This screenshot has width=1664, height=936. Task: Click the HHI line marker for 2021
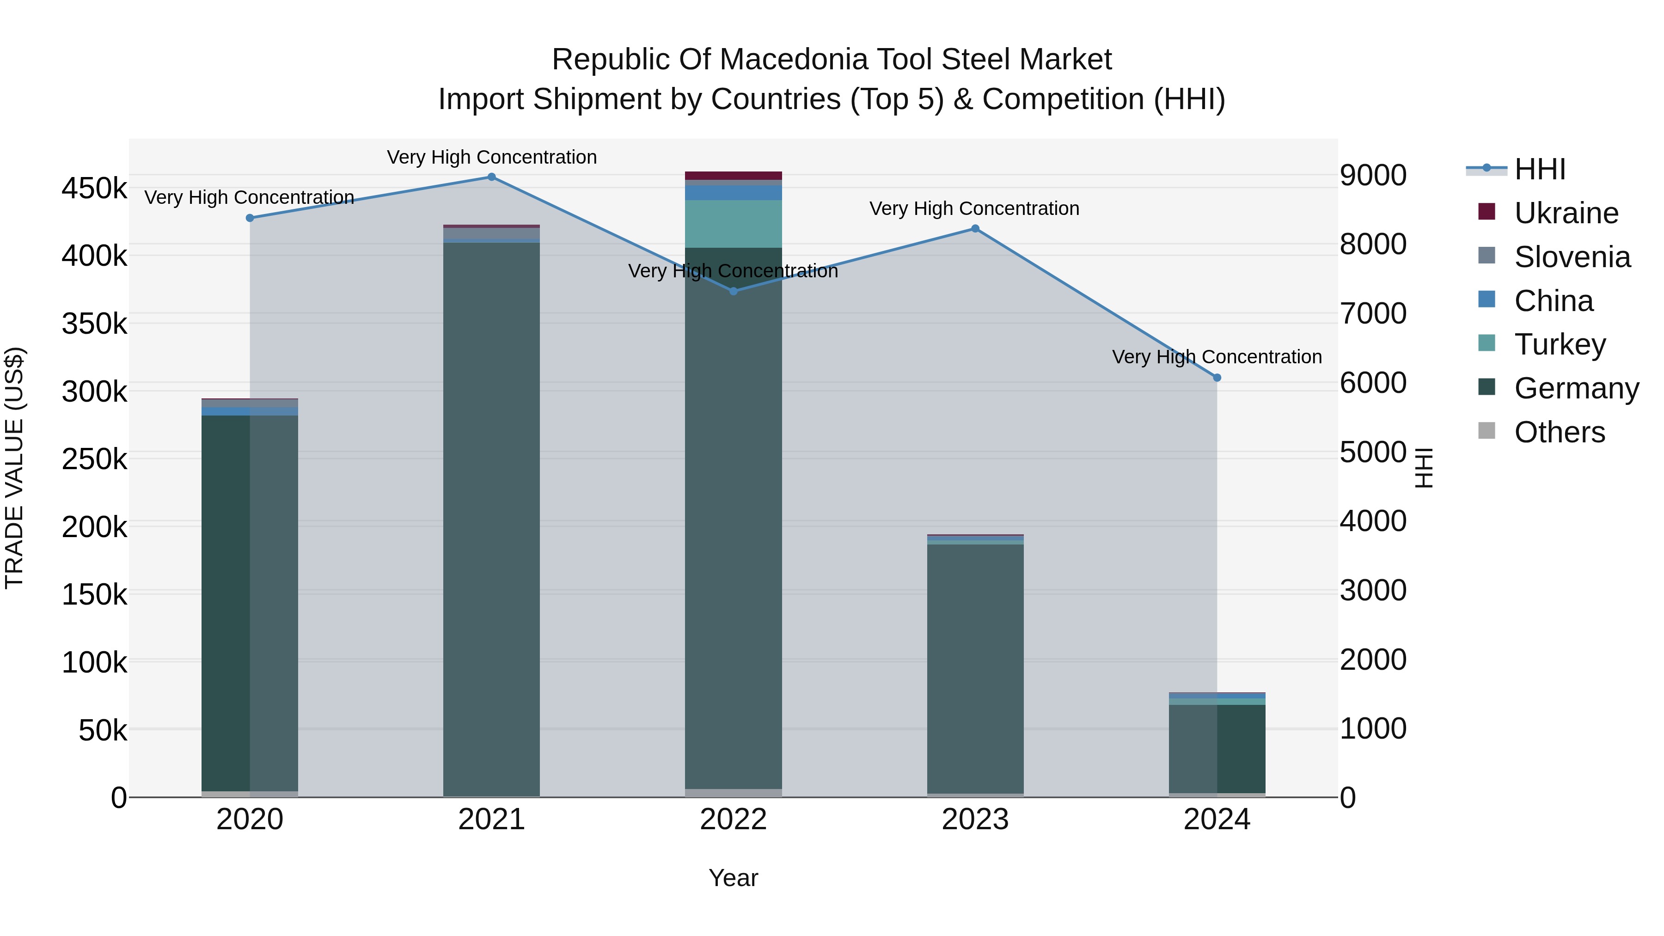click(x=492, y=177)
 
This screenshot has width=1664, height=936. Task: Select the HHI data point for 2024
click(x=1217, y=378)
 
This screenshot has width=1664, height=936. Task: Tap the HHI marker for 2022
click(x=733, y=291)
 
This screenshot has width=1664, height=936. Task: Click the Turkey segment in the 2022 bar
click(x=733, y=224)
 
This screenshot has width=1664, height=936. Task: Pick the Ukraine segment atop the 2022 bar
click(x=733, y=176)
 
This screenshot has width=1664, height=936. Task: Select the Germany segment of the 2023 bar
click(x=975, y=665)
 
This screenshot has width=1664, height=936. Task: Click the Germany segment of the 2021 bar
click(x=492, y=517)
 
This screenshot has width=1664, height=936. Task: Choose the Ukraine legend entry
click(x=1566, y=213)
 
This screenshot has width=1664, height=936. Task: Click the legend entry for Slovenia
click(x=1572, y=257)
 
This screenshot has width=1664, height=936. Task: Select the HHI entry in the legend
click(x=1540, y=169)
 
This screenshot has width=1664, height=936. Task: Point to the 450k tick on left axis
click(x=94, y=189)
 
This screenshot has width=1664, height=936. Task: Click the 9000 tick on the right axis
click(x=1373, y=175)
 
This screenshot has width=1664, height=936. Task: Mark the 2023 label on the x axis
click(x=975, y=820)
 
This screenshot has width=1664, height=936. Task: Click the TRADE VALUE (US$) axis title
click(x=14, y=468)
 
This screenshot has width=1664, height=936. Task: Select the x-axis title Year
click(x=733, y=878)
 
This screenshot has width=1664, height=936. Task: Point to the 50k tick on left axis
click(x=103, y=731)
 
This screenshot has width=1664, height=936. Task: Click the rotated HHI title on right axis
click(x=1423, y=468)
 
